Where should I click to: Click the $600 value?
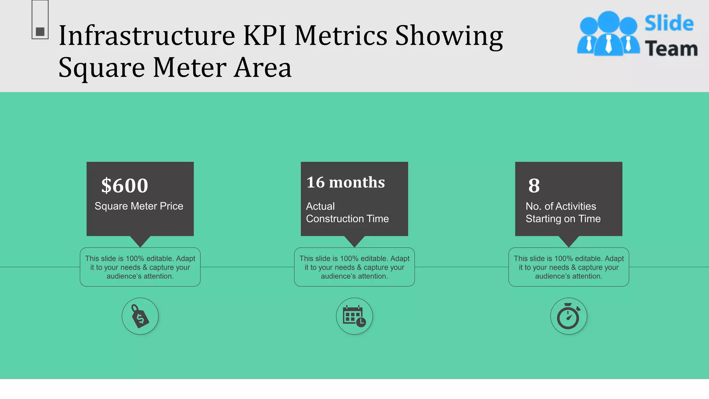[125, 186]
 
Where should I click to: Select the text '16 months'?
[345, 183]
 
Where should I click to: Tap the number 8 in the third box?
[534, 186]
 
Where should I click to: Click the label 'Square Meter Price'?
[139, 206]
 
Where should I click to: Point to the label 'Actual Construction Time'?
[347, 212]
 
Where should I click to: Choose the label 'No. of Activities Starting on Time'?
[563, 212]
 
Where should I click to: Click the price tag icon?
[140, 316]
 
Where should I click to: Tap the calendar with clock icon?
[354, 316]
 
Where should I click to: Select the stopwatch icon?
[568, 316]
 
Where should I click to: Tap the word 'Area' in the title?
[263, 68]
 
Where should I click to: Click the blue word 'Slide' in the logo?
[669, 24]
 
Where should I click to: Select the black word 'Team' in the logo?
[671, 48]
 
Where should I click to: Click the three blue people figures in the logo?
[608, 34]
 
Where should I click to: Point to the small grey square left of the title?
[40, 32]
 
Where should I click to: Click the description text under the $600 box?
[140, 267]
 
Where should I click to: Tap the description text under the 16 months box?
[354, 267]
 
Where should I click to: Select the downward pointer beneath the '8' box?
[568, 241]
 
